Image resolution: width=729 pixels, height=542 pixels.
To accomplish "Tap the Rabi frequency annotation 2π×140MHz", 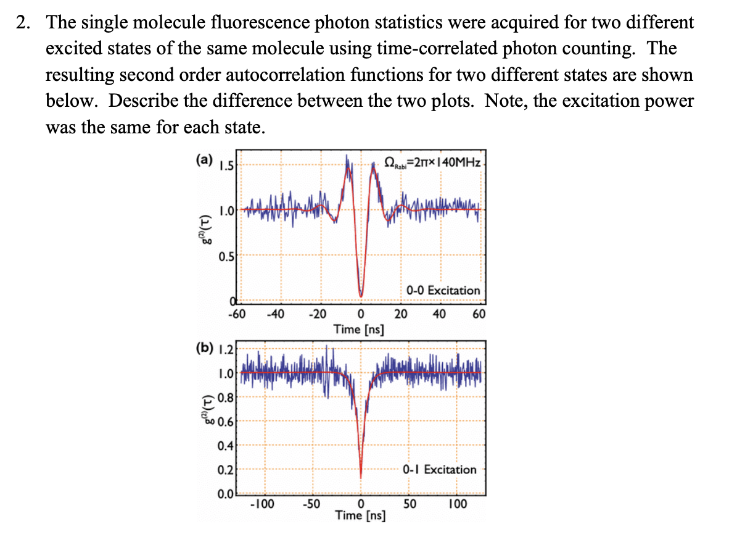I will pos(432,162).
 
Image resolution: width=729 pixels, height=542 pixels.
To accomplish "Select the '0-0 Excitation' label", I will pos(443,290).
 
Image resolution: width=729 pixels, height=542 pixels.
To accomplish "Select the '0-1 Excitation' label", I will pos(440,469).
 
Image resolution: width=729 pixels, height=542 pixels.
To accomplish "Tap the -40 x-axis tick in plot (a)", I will pos(275,314).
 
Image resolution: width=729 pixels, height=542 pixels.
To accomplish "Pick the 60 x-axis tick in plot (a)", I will pos(479,314).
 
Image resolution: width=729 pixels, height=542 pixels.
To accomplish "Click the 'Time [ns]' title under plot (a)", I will pos(358,329).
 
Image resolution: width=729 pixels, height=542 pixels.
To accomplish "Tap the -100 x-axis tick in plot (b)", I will pos(262,504).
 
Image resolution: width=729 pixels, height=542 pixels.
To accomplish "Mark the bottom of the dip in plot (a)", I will pos(361,295).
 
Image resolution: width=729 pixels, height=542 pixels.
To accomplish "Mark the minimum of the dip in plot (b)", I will pos(361,477).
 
